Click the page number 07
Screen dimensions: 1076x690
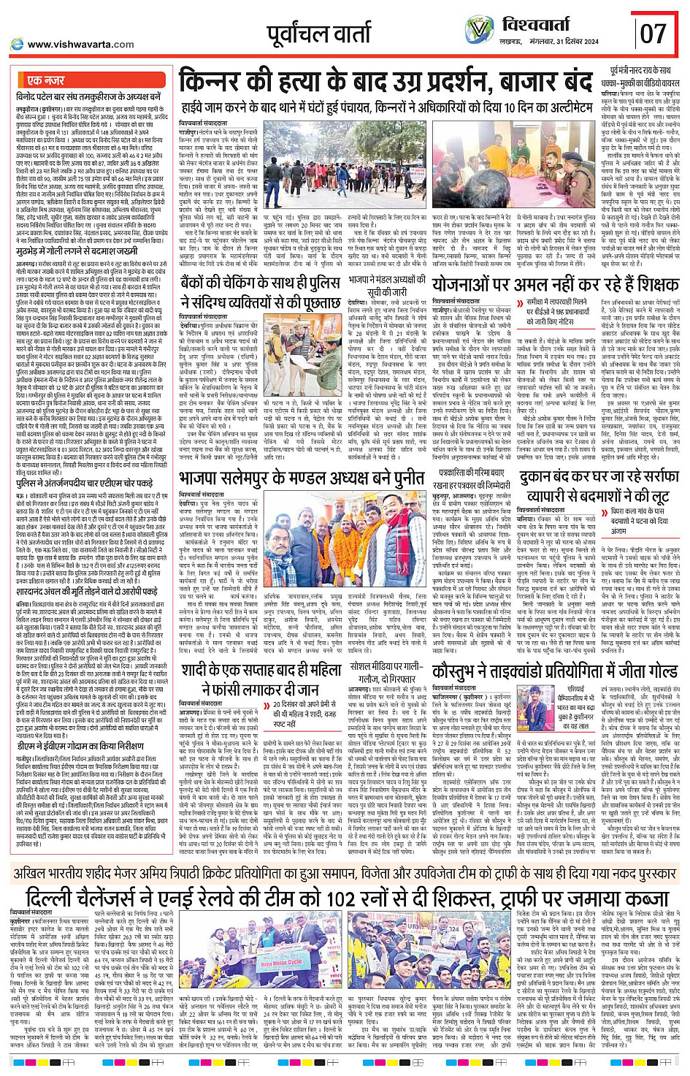[653, 33]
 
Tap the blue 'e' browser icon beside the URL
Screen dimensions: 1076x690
[16, 44]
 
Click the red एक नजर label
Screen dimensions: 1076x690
[45, 80]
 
